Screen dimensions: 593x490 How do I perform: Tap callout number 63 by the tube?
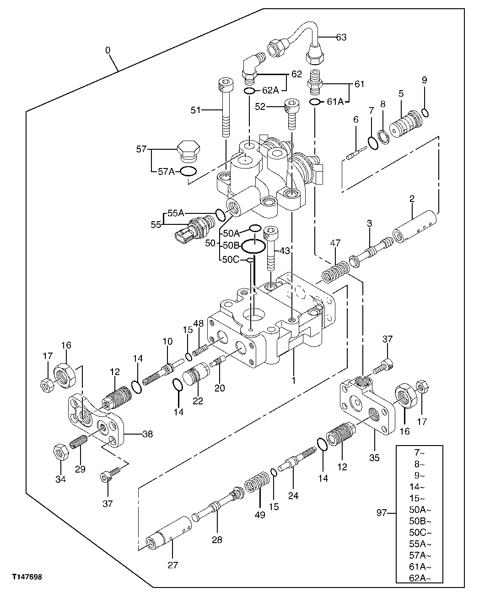[x=341, y=38]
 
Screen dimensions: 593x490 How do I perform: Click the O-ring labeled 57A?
[x=188, y=172]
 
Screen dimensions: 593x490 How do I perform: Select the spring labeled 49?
[x=256, y=484]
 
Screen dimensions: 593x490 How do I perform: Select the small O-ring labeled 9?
[x=425, y=112]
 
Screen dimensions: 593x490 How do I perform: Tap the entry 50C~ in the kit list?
[x=419, y=533]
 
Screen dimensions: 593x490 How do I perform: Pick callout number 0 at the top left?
[x=108, y=50]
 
